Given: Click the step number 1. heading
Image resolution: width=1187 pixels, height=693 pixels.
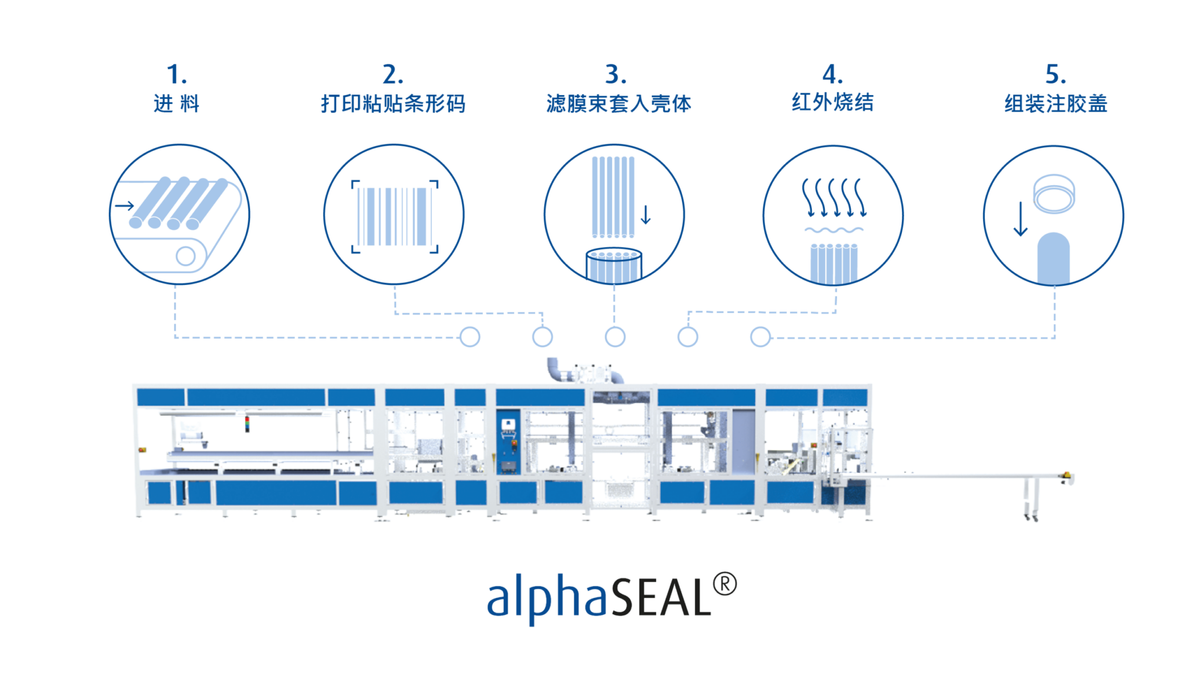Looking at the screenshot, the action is point(177,75).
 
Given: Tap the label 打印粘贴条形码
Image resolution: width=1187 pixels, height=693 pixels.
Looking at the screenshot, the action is point(394,104).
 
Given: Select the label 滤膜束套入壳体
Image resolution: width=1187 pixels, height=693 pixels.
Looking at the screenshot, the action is point(619,104).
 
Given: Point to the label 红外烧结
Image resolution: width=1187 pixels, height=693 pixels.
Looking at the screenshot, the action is point(833,103).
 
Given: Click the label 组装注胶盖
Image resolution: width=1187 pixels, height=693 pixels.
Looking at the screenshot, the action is point(1056,104).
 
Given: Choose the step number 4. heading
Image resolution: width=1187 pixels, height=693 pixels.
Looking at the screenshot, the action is point(833,75).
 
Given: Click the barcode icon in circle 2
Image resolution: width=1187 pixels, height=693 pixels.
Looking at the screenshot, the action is point(395,216).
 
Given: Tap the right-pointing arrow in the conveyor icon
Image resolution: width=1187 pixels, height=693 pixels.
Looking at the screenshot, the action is point(125,205).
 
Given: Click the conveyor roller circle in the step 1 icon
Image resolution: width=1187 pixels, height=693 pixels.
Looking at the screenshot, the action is point(185,256).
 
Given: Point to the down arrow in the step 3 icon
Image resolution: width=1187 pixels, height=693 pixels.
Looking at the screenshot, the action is point(646,215).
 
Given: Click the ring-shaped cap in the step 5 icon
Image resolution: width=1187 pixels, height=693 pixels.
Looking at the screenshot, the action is point(1054,194).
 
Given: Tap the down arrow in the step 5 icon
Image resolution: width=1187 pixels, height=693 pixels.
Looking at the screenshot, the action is point(1021,219).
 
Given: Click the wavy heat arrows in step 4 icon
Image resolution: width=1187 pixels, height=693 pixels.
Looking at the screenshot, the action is point(834,197).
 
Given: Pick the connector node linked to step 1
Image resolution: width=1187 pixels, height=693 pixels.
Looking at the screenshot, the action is point(470,336).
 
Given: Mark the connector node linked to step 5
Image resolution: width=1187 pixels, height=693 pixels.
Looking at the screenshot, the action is point(760,336).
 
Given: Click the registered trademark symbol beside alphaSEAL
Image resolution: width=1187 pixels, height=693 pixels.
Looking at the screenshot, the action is point(724,584).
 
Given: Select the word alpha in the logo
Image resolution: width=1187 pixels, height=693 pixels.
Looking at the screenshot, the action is point(547,597).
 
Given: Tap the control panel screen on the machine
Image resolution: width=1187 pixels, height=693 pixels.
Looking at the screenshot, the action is point(508,424).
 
